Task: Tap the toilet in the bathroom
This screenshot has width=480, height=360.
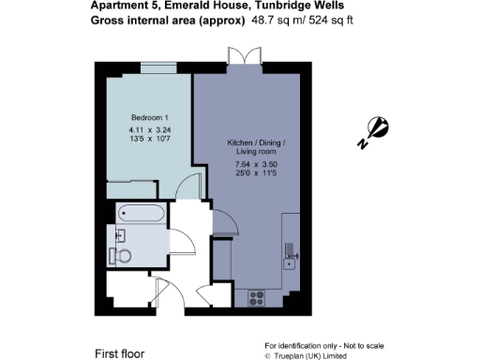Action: (x=118, y=254)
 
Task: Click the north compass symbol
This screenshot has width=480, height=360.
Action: (x=374, y=130)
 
